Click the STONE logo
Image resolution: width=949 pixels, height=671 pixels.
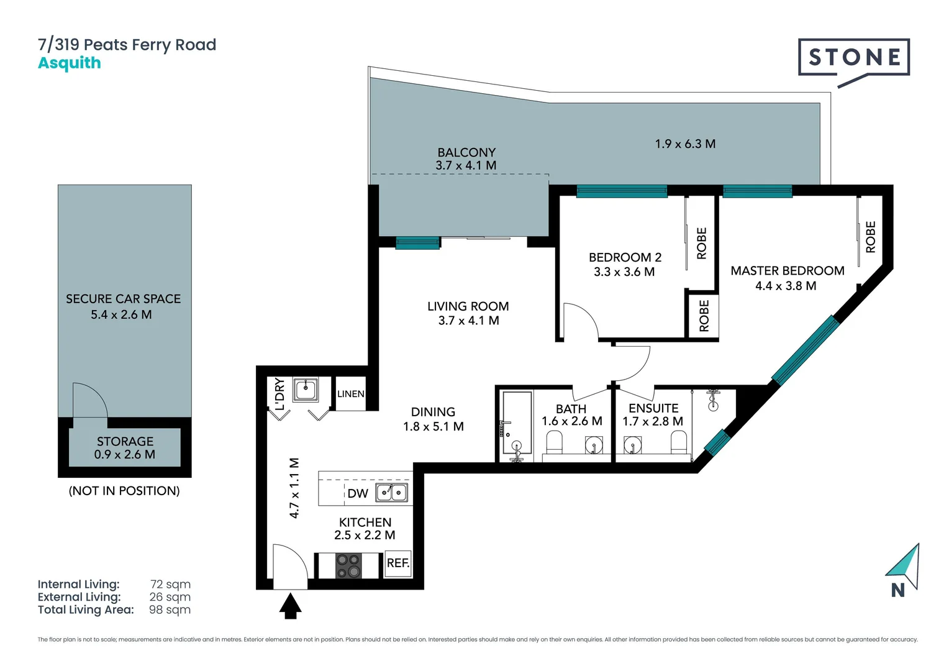(854, 58)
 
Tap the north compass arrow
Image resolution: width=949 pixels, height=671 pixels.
(904, 566)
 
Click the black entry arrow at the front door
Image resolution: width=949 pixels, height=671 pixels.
(290, 606)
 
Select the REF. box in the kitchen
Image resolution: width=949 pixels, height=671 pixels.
(398, 564)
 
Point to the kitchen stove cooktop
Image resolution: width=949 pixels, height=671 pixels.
(348, 565)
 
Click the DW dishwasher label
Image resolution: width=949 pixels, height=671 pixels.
(358, 494)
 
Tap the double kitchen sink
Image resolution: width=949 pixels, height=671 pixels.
(392, 493)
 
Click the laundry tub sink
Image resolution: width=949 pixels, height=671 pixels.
(306, 390)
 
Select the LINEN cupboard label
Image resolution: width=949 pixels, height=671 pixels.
(351, 394)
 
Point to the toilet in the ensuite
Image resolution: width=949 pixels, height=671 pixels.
(679, 442)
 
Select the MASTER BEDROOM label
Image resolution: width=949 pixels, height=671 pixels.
(787, 271)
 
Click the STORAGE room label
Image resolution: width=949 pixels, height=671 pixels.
(125, 442)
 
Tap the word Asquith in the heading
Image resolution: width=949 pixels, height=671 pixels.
(70, 63)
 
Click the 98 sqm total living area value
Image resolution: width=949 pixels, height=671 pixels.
(170, 610)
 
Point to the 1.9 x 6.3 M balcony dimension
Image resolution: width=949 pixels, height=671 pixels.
(685, 144)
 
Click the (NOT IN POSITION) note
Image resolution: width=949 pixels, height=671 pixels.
(124, 491)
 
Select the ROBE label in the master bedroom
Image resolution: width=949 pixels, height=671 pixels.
(870, 237)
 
